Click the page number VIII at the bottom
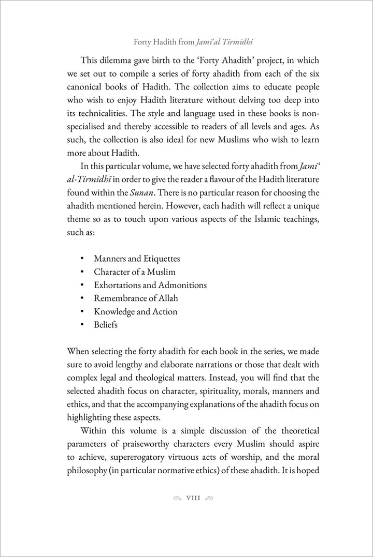tap(193, 499)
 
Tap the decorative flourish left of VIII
tap(177, 499)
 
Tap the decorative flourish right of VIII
tap(209, 499)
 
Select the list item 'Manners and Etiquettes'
tap(137, 259)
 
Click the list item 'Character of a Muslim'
tap(135, 272)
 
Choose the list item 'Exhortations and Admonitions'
tap(150, 285)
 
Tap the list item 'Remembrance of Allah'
tap(136, 298)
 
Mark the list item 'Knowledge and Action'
tap(135, 312)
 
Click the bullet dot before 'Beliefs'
tap(82, 325)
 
